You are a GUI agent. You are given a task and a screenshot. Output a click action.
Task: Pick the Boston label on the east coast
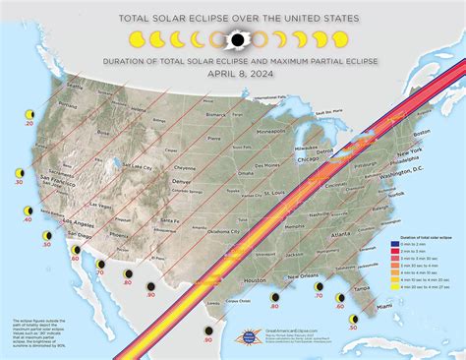click(423, 134)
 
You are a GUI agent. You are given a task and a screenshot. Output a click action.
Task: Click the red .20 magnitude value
click(29, 126)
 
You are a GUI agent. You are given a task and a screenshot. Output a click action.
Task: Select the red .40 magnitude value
click(28, 218)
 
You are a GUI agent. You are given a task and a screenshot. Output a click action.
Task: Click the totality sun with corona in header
click(236, 40)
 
